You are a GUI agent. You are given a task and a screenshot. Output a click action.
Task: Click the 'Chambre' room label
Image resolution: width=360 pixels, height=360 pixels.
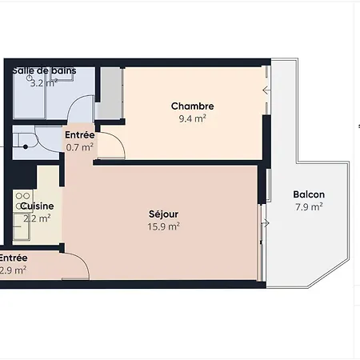[193, 106]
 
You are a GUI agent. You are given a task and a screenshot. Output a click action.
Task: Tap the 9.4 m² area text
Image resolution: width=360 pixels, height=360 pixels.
[193, 118]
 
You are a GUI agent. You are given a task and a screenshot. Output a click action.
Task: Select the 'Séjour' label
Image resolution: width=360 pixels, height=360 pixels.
[163, 214]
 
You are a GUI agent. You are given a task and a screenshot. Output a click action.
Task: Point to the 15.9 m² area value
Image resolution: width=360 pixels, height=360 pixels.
[163, 226]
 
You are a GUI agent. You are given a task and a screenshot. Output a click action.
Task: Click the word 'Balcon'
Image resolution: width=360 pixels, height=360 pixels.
[308, 194]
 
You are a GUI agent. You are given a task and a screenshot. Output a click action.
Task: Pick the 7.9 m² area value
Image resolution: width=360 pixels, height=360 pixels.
[308, 206]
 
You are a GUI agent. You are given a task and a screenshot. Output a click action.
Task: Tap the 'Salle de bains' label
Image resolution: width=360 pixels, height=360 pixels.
[44, 71]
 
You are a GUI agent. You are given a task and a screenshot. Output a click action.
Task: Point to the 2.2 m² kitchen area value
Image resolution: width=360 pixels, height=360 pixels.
[37, 218]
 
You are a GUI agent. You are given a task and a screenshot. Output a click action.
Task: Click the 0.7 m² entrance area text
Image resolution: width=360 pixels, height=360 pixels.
[78, 147]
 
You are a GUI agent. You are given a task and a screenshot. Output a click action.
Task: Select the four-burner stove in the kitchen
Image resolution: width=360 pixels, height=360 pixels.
[22, 198]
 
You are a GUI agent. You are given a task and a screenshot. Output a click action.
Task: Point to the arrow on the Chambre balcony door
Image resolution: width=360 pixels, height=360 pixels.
[266, 90]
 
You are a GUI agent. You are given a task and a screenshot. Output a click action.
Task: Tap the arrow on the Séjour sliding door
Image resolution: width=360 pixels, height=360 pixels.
[260, 222]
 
